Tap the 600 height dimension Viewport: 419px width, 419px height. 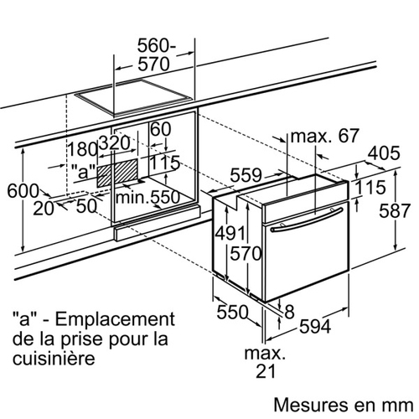pyautogui.click(x=23, y=191)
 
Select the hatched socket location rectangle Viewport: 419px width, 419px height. pyautogui.click(x=117, y=173)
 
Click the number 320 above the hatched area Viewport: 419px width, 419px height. pyautogui.click(x=115, y=143)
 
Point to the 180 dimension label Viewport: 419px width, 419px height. pyautogui.click(x=83, y=149)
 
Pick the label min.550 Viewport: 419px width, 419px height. pyautogui.click(x=147, y=197)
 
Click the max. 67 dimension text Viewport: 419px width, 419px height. pyautogui.click(x=324, y=136)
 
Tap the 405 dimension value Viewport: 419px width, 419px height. pyautogui.click(x=384, y=153)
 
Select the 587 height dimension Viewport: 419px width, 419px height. pyautogui.click(x=395, y=210)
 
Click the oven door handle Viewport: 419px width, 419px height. pyautogui.click(x=307, y=220)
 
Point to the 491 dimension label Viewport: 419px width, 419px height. pyautogui.click(x=230, y=233)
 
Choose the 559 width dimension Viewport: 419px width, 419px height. pyautogui.click(x=246, y=175)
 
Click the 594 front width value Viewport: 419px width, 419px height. pyautogui.click(x=315, y=326)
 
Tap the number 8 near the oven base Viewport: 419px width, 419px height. pyautogui.click(x=289, y=312)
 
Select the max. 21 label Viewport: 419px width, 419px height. pyautogui.click(x=265, y=362)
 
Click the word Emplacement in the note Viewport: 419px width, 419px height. pyautogui.click(x=115, y=319)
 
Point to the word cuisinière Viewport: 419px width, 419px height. pyautogui.click(x=54, y=358)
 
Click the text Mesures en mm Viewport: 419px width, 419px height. pyautogui.click(x=344, y=405)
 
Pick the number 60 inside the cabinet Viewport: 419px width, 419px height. pyautogui.click(x=160, y=129)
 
